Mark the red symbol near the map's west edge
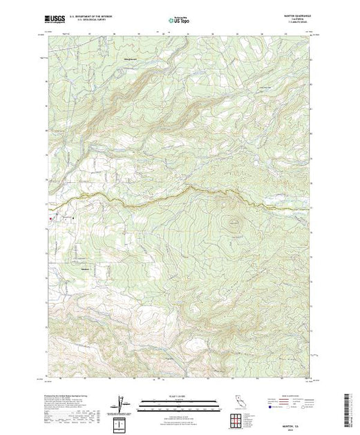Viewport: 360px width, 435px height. [x=49, y=219]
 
